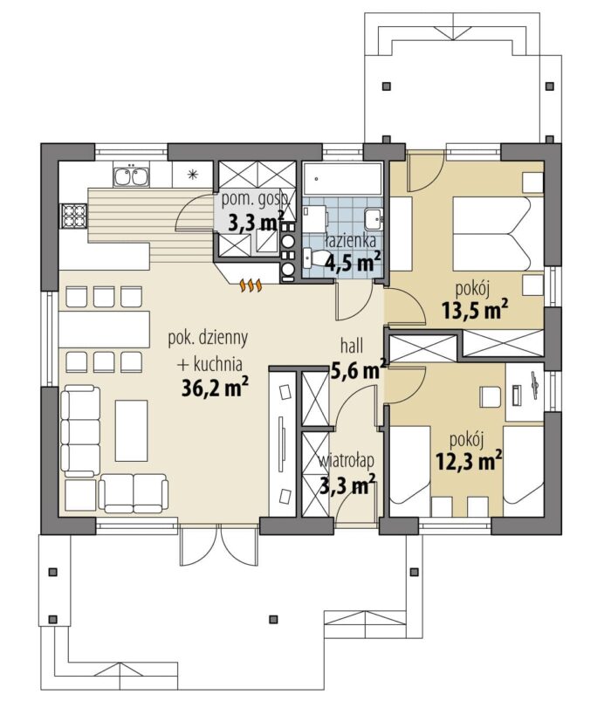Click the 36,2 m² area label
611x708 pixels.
point(215,387)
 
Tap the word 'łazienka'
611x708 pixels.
point(351,241)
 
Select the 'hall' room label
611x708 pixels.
point(352,347)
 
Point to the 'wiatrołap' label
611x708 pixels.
point(347,461)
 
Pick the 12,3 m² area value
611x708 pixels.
point(469,461)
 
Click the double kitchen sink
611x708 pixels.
point(131,176)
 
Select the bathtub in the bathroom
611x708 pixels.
point(342,179)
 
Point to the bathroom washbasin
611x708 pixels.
point(374,219)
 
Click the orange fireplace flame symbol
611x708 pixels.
point(251,285)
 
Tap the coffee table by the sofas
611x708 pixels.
point(131,430)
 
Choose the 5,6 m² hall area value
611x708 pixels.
point(359,370)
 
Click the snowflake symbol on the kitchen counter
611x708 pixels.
point(193,175)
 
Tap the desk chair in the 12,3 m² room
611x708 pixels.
point(490,397)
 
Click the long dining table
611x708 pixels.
point(105,330)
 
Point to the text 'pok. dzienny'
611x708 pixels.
point(207,339)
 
